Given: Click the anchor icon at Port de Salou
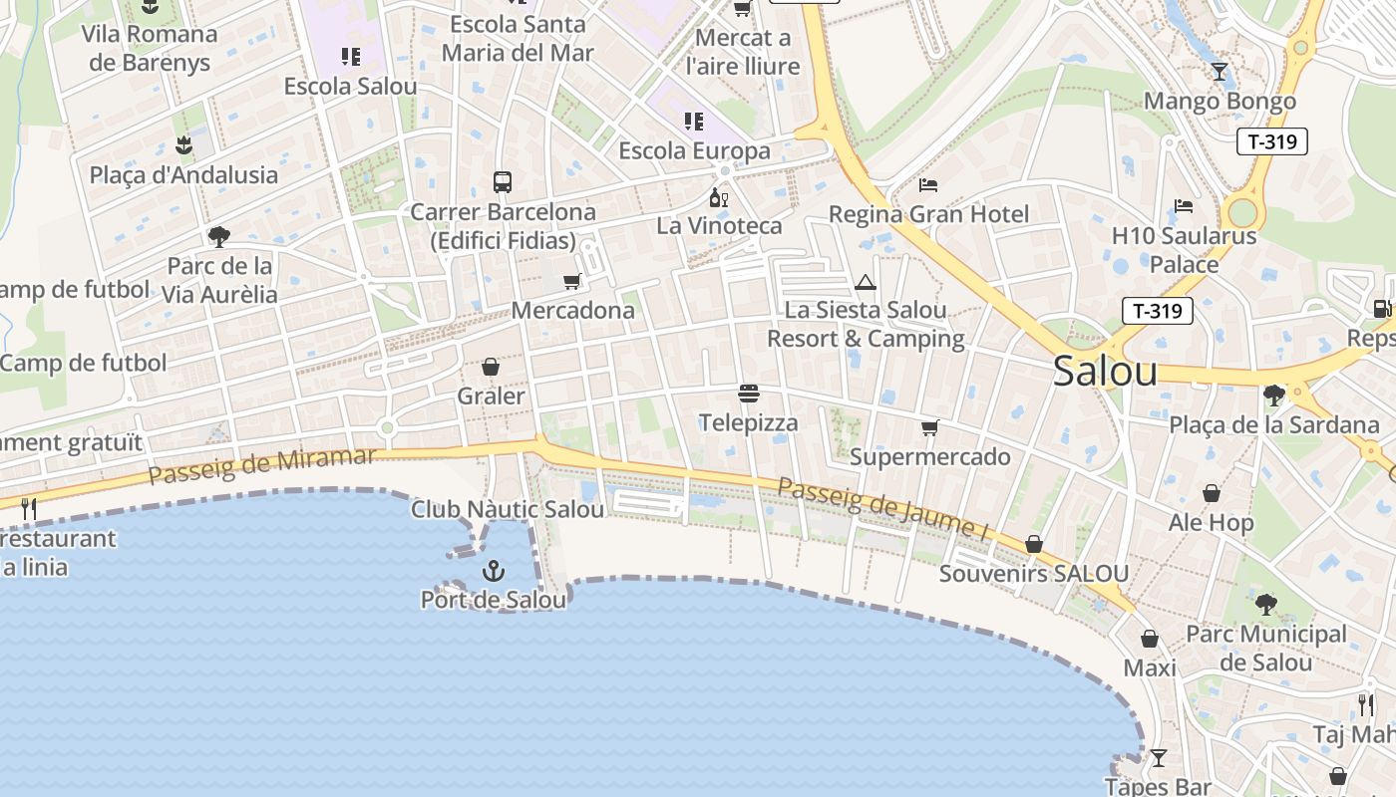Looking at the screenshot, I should pyautogui.click(x=494, y=571).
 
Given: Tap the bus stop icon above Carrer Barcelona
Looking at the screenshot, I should pyautogui.click(x=503, y=182).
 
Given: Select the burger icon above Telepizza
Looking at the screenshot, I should pyautogui.click(x=749, y=394).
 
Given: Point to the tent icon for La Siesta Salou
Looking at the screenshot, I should pyautogui.click(x=866, y=282).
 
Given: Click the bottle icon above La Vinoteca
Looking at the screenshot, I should pyautogui.click(x=718, y=197).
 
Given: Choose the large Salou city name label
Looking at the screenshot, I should pyautogui.click(x=1105, y=372).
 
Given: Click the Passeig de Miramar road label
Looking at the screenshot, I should pyautogui.click(x=262, y=465).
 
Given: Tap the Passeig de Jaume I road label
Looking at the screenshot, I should pyautogui.click(x=881, y=510).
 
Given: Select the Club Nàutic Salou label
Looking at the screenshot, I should pyautogui.click(x=508, y=509).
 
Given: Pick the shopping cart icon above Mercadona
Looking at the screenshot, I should pyautogui.click(x=571, y=282).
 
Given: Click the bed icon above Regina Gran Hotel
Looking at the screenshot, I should pyautogui.click(x=928, y=185).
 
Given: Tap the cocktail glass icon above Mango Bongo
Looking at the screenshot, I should pyautogui.click(x=1219, y=72).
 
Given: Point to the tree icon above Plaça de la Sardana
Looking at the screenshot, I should pyautogui.click(x=1273, y=396).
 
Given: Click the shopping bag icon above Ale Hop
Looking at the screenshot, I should pyautogui.click(x=1212, y=493).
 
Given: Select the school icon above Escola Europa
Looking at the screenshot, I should pyautogui.click(x=694, y=122).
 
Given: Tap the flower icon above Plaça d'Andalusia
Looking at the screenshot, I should pyautogui.click(x=183, y=146).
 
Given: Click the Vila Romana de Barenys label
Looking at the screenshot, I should pyautogui.click(x=150, y=48).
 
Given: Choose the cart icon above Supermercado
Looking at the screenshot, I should pyautogui.click(x=929, y=428).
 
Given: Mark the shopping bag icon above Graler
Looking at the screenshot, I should pyautogui.click(x=491, y=367).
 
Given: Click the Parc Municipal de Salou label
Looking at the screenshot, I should pyautogui.click(x=1266, y=648).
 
